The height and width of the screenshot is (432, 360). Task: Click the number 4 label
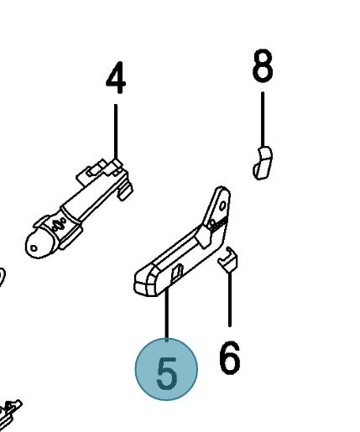pos(116,79)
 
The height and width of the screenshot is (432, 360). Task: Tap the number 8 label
pos(263,67)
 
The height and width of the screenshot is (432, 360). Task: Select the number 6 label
pos(229,358)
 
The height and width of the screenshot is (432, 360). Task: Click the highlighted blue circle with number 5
pos(167,369)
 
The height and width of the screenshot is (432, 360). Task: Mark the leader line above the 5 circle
pos(167,315)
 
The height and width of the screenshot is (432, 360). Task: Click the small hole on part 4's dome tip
pos(33,247)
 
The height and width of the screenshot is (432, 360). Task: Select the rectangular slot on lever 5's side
pos(178,270)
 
